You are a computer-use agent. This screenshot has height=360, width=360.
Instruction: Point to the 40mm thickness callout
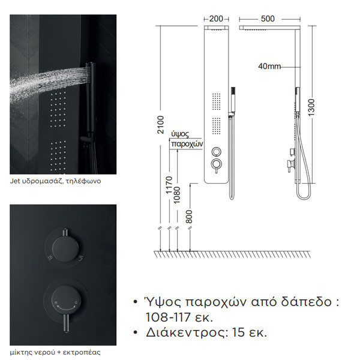pos(268,67)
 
